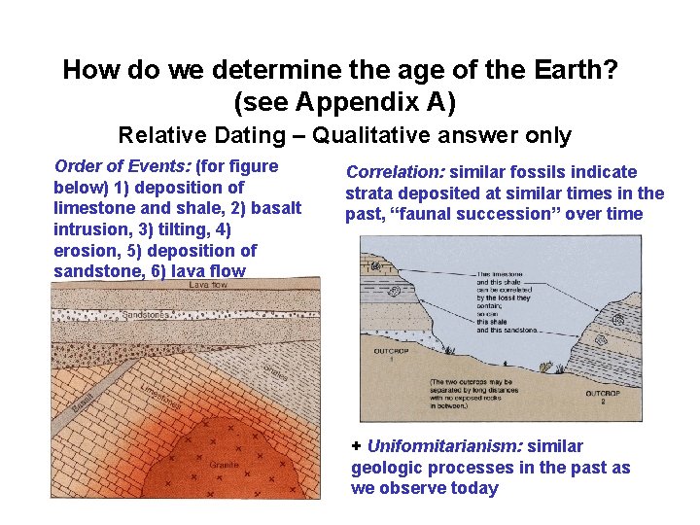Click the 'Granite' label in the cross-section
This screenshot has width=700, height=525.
click(224, 466)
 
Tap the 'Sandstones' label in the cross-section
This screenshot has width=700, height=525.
click(146, 315)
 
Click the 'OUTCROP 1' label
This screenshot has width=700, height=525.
click(374, 354)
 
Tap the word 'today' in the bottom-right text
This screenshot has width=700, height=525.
click(474, 488)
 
